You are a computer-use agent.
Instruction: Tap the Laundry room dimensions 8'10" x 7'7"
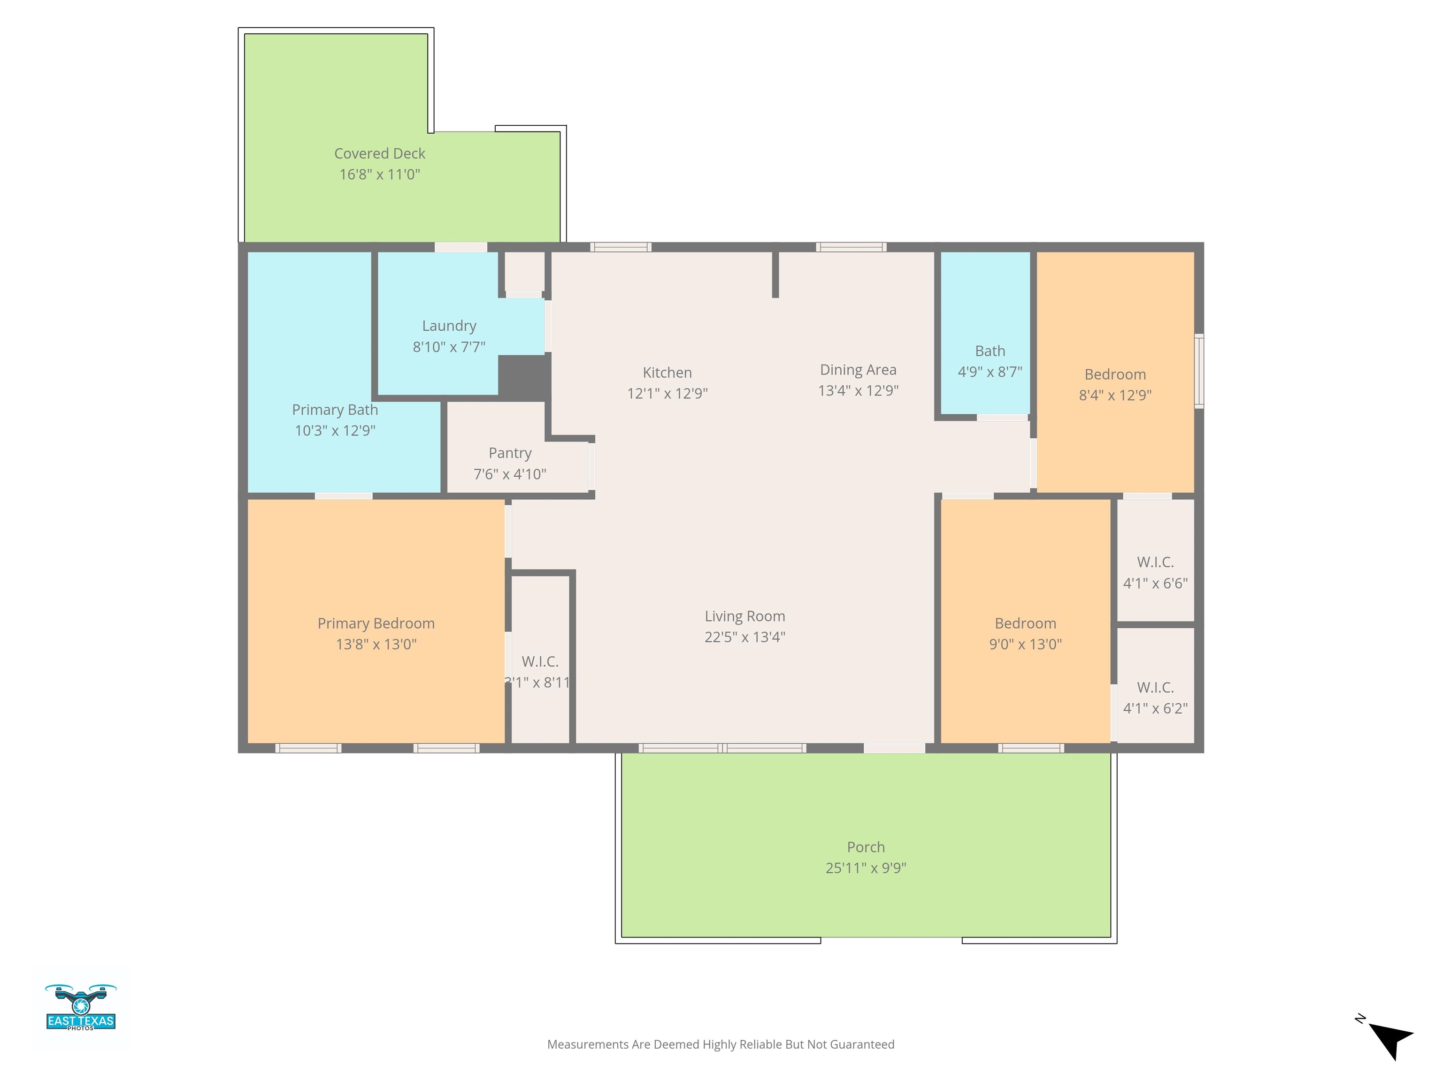(449, 347)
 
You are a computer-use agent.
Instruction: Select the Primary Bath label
(335, 410)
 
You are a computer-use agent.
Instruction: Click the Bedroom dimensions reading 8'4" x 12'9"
(1115, 396)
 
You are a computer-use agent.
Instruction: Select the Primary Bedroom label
(376, 624)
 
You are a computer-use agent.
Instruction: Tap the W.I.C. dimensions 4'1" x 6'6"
(1155, 583)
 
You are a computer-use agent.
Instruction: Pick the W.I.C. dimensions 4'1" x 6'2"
(1155, 708)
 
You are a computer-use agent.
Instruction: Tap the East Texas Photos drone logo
(81, 1007)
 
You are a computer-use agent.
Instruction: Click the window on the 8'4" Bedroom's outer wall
(1199, 372)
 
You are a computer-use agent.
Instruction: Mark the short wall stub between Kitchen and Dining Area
(775, 274)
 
